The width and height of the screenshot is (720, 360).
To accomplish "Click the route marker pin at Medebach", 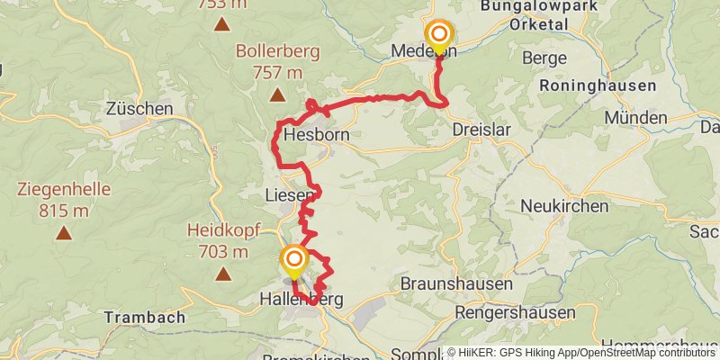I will pyautogui.click(x=439, y=36).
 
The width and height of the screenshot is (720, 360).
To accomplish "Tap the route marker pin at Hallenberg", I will pyautogui.click(x=294, y=262).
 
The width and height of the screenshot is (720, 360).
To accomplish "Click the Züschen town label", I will pyautogui.click(x=139, y=109).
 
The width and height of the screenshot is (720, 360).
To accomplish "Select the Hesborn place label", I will pyautogui.click(x=316, y=136).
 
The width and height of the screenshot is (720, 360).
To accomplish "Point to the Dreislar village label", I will pyautogui.click(x=481, y=130).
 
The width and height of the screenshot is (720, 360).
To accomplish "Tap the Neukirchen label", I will pyautogui.click(x=564, y=206).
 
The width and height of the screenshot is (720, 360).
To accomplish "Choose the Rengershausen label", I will pyautogui.click(x=515, y=312).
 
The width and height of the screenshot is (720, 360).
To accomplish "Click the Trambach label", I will pyautogui.click(x=144, y=318).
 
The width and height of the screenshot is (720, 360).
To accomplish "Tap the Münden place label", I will pyautogui.click(x=635, y=118).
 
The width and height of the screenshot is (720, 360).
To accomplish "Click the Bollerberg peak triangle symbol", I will pyautogui.click(x=277, y=94).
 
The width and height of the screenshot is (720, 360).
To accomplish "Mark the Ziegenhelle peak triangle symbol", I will pyautogui.click(x=63, y=233).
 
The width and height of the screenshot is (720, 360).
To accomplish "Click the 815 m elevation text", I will pyautogui.click(x=63, y=211).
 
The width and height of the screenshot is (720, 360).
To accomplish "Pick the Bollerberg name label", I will pyautogui.click(x=277, y=51).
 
